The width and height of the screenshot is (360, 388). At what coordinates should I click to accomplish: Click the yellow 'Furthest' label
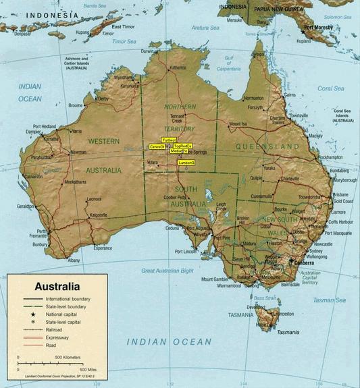pyautogui.click(x=169, y=140)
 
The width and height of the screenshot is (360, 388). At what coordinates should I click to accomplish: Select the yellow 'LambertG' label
pyautogui.click(x=186, y=163)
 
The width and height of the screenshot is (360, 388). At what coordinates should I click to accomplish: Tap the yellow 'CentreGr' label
pyautogui.click(x=157, y=146)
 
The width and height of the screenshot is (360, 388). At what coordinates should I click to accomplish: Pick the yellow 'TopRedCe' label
pyautogui.click(x=182, y=146)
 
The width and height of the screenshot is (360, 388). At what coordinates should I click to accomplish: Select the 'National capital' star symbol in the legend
pyautogui.click(x=32, y=314)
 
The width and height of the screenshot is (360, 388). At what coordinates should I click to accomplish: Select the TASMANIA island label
pyautogui.click(x=241, y=315)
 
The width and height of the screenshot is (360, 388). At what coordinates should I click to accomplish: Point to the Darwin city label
pyautogui.click(x=147, y=51)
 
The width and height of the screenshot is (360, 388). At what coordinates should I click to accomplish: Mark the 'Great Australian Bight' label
pyautogui.click(x=167, y=271)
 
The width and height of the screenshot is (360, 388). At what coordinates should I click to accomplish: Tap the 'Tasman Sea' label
pyautogui.click(x=328, y=300)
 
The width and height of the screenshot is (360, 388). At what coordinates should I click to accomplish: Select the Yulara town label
pyautogui.click(x=153, y=163)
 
